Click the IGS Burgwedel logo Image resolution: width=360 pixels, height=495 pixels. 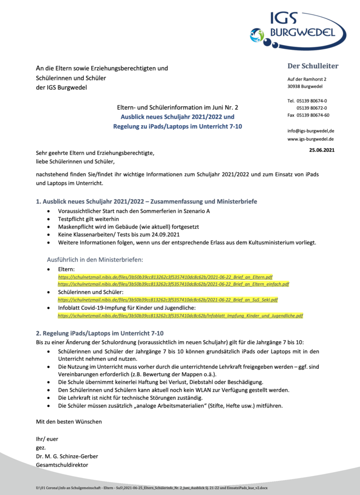tap(297, 30)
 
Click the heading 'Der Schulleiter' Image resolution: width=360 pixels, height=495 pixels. tap(313, 66)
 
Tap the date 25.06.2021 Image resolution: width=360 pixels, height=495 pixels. tap(321, 150)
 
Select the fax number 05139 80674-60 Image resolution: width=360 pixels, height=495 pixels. tap(313, 115)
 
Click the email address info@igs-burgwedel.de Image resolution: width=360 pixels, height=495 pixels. tap(311, 131)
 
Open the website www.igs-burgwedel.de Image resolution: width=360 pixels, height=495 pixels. tap(311, 139)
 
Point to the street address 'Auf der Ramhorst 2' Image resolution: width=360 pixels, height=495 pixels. tap(307, 79)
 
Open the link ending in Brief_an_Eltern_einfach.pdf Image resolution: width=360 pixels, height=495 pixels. tap(173, 284)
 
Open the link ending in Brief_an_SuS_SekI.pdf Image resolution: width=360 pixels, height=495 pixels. tap(168, 300)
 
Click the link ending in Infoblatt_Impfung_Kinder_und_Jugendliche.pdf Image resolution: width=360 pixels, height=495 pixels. tap(180, 315)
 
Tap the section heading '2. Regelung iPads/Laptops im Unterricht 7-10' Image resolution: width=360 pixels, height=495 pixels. tap(100, 333)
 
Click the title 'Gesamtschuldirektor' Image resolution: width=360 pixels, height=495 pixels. tap(62, 465)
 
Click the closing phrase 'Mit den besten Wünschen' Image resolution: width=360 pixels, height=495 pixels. tap(69, 422)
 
